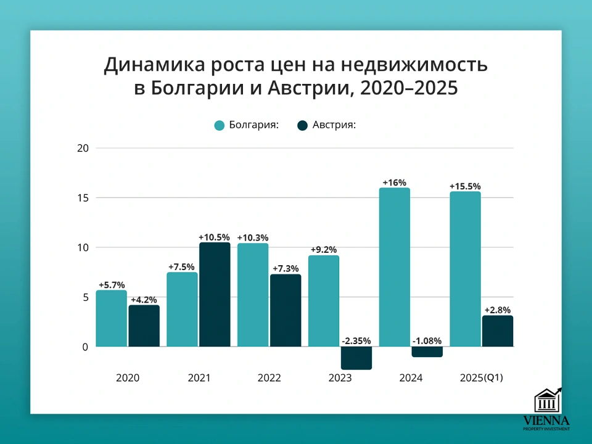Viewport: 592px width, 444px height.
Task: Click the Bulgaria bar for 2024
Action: [x=394, y=267]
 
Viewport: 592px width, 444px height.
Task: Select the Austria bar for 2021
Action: [x=214, y=295]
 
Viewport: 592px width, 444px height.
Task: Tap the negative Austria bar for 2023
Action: [x=356, y=358]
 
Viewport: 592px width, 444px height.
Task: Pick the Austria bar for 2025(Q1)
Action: [x=497, y=331]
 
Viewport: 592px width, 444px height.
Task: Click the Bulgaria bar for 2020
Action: [x=111, y=318]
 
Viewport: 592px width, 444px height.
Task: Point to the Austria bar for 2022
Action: [x=285, y=310]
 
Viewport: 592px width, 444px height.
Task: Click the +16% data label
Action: [x=394, y=183]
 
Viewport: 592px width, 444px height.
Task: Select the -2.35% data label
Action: [x=356, y=341]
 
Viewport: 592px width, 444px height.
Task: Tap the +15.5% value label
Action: [x=465, y=186]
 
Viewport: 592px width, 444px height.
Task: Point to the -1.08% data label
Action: [x=427, y=341]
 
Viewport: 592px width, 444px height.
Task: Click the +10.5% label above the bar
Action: [x=214, y=237]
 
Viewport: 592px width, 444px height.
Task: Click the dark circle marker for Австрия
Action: [x=302, y=125]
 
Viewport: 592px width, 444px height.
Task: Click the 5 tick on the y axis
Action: [x=86, y=297]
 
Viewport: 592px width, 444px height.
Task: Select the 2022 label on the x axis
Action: [x=269, y=378]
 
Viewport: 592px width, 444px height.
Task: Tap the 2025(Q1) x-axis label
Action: [x=482, y=378]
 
